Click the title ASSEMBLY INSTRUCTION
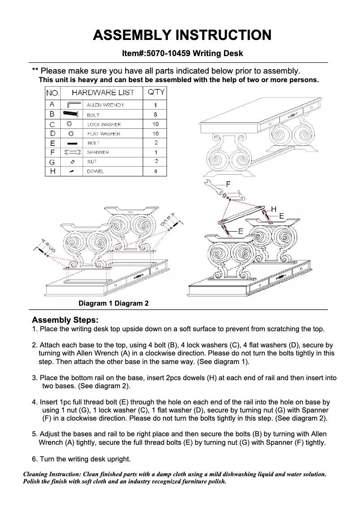[x=182, y=35]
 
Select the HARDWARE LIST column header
[x=103, y=92]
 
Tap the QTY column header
[x=155, y=92]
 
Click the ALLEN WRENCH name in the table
[x=105, y=105]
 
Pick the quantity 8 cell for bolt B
[x=155, y=114]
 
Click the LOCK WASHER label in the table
[x=104, y=124]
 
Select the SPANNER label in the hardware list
[x=98, y=153]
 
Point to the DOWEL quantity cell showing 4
[x=155, y=171]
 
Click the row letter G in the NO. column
[x=52, y=162]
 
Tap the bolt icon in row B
[x=71, y=114]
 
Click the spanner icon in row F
[x=71, y=153]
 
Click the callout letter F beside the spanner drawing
[x=228, y=184]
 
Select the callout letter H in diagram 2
[x=273, y=209]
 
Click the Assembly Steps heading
[x=65, y=320]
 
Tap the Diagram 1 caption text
[x=96, y=303]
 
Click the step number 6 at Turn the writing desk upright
[x=35, y=459]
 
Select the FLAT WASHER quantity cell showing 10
[x=155, y=134]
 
